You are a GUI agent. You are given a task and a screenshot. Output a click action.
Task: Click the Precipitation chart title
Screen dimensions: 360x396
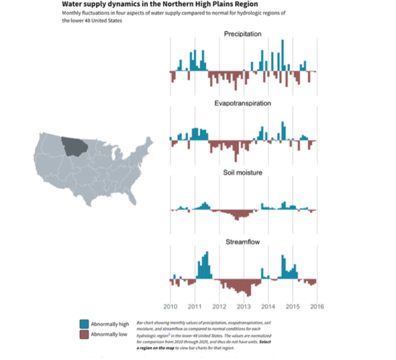click(x=243, y=34)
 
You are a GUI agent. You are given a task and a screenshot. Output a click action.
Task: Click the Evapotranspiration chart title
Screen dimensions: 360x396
click(x=243, y=104)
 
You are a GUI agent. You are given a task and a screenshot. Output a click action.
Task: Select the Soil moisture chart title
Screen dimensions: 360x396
click(x=243, y=173)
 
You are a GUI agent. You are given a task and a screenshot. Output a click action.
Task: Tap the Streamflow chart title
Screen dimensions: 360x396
click(x=243, y=242)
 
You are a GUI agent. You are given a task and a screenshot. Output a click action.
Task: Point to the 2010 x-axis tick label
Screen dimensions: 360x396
click(x=170, y=307)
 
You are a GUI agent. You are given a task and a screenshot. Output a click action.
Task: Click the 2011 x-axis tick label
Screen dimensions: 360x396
click(x=195, y=307)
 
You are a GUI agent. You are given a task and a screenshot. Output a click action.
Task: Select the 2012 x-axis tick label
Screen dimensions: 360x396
click(x=219, y=307)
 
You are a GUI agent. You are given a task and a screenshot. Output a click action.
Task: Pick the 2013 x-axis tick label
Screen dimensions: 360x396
click(x=244, y=307)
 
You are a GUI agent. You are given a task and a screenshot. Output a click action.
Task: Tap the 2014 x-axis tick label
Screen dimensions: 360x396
click(x=268, y=307)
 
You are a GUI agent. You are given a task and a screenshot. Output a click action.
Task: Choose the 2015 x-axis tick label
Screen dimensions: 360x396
click(x=292, y=307)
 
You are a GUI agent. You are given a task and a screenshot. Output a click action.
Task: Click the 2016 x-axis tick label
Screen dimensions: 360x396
click(x=317, y=307)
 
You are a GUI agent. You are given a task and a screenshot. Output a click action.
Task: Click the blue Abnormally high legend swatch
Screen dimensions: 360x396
click(x=84, y=324)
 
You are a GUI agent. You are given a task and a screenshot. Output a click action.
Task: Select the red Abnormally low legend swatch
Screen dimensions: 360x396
click(x=84, y=335)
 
